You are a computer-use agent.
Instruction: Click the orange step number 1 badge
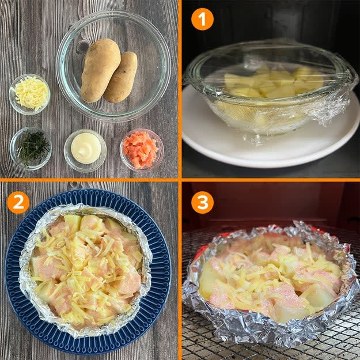[x=202, y=19]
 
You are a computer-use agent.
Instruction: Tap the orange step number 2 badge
[x=18, y=203]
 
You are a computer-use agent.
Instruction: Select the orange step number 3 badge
[x=202, y=203]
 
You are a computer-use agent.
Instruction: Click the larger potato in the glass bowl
[x=100, y=70]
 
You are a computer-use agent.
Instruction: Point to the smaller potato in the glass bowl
[x=122, y=77]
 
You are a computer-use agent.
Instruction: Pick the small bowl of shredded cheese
[x=29, y=94]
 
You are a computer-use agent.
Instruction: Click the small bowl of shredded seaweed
[x=31, y=148]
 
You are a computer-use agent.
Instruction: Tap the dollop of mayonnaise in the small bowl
[x=86, y=148]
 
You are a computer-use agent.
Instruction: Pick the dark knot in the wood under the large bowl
[x=82, y=47]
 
